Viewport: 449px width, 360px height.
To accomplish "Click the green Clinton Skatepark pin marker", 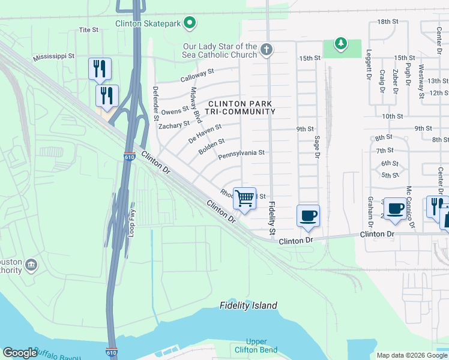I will point(190,23).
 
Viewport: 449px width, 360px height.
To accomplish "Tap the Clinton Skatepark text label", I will point(148,24).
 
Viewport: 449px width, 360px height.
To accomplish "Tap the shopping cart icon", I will point(244,197).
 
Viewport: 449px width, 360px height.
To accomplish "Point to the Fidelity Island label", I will point(248,305).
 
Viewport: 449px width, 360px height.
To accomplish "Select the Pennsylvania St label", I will point(241,154).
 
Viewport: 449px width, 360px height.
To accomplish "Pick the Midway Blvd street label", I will point(196,105).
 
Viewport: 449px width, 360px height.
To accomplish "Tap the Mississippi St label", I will point(53,56).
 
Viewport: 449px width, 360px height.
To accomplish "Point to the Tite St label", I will point(88,29).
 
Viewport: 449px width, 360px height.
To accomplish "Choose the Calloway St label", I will point(197,75).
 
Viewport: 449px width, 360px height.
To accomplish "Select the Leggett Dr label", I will point(368,65).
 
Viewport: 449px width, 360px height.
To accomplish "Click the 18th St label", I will point(388,22).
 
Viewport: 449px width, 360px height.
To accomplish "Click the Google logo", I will point(20,353).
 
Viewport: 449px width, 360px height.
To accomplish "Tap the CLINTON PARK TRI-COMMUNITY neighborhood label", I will point(241,107).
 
